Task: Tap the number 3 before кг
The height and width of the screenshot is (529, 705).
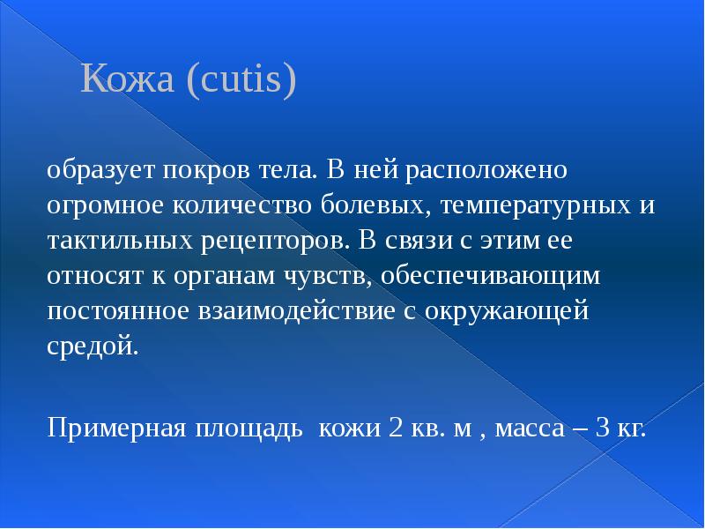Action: tap(604, 429)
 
